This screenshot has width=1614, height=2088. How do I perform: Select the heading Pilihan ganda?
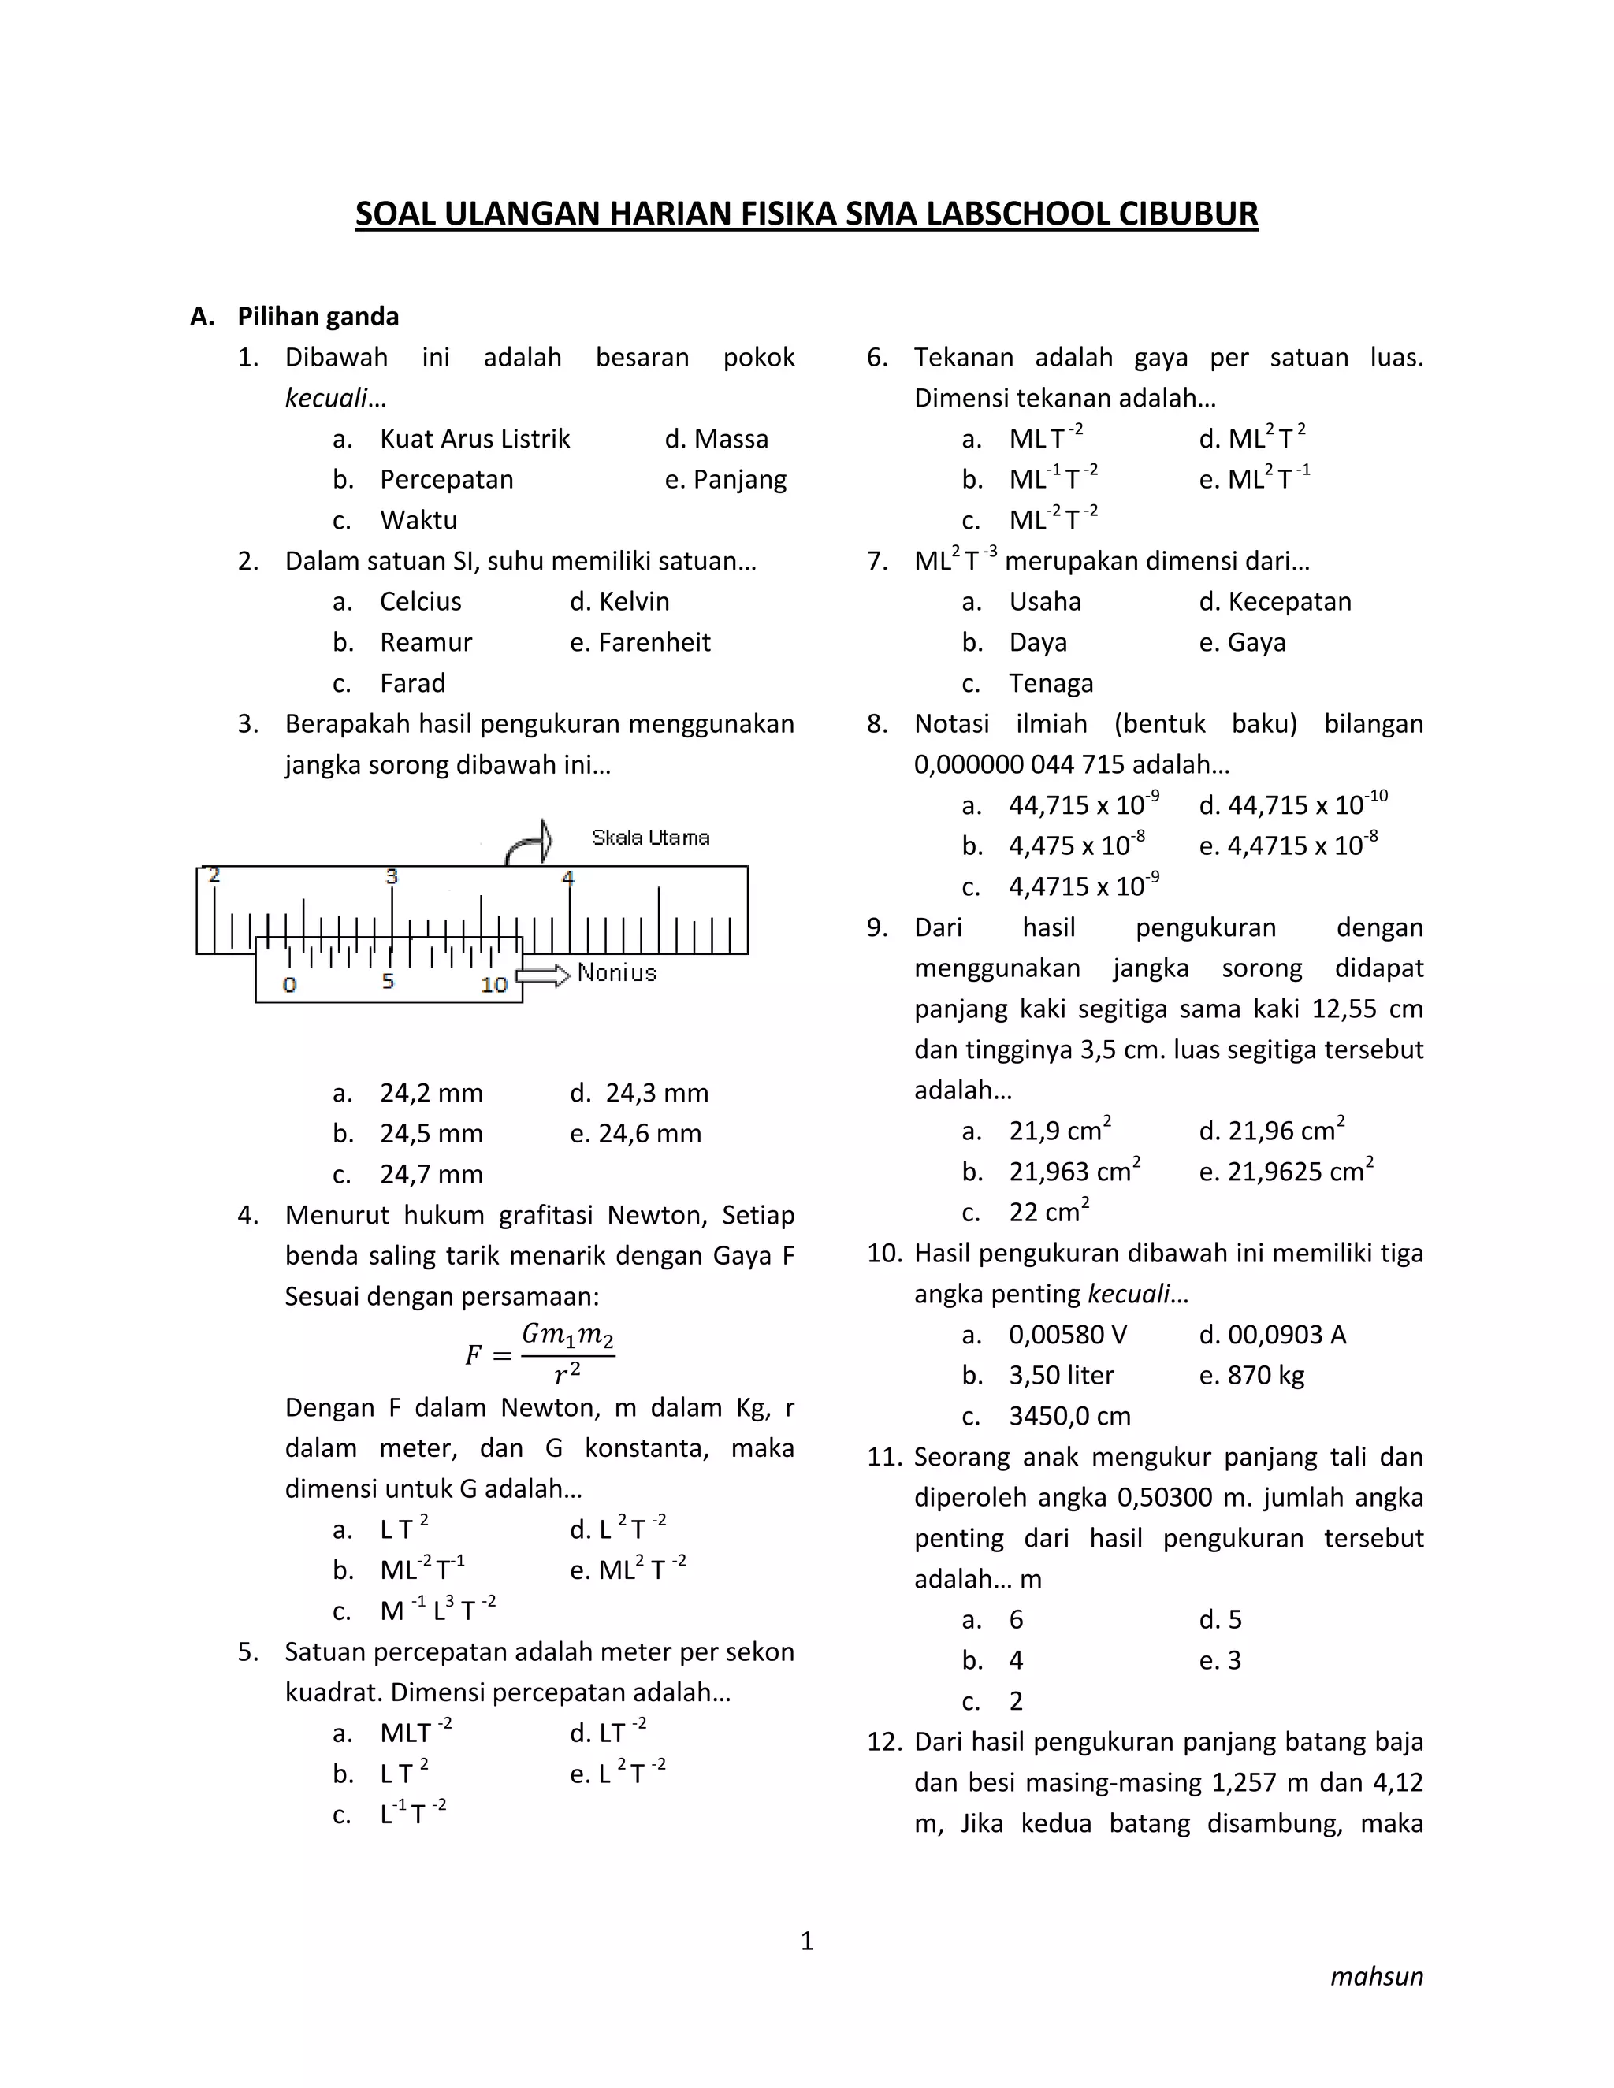318,317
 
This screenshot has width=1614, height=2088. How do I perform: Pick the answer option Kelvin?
633,601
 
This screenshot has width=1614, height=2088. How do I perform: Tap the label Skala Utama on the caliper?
650,838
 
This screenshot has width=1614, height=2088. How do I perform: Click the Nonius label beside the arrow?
617,973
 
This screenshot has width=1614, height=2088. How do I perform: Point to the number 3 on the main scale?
391,875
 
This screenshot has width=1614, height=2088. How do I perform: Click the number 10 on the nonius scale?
493,985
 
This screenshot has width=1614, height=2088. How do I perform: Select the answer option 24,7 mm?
430,1174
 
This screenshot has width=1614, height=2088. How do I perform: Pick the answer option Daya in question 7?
1037,642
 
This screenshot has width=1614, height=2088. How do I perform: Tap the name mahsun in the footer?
1376,1976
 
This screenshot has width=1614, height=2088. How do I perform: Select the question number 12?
884,1742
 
